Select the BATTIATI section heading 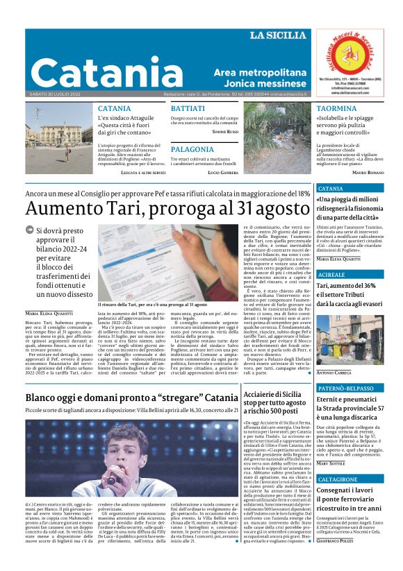(x=188, y=109)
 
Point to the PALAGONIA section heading (x=192, y=149)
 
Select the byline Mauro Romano (x=368, y=171)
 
